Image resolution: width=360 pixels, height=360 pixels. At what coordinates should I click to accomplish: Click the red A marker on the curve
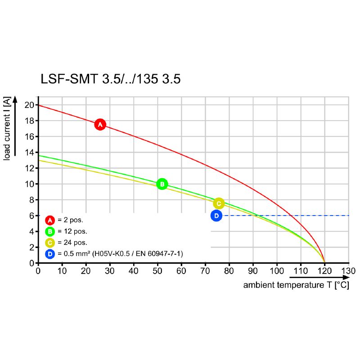pos(100,124)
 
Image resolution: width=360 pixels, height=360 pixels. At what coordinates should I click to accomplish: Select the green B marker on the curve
pos(162,184)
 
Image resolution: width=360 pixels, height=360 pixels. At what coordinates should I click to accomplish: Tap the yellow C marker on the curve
pos(219,203)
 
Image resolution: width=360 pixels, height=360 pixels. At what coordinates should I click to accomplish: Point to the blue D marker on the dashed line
pos(216,216)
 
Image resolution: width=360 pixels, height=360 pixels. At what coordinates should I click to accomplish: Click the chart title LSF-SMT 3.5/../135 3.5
pos(111,79)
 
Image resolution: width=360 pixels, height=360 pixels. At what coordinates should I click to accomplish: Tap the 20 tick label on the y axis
pos(30,105)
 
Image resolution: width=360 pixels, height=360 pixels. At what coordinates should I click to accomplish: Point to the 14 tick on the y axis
pos(30,152)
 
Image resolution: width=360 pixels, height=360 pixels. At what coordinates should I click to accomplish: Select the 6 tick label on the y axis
pos(32,216)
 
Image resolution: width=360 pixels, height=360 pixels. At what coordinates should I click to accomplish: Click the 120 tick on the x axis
pos(324,271)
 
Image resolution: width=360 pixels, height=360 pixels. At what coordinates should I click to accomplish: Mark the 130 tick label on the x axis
pos(349,271)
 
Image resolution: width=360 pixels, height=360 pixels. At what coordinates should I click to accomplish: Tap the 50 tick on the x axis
pos(157,271)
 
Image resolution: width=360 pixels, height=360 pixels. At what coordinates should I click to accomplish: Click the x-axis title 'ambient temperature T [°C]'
pos(296,285)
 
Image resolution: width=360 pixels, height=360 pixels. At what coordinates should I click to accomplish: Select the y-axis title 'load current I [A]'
pos(7,129)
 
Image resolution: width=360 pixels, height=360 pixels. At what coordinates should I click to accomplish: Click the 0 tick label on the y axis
pos(32,263)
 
